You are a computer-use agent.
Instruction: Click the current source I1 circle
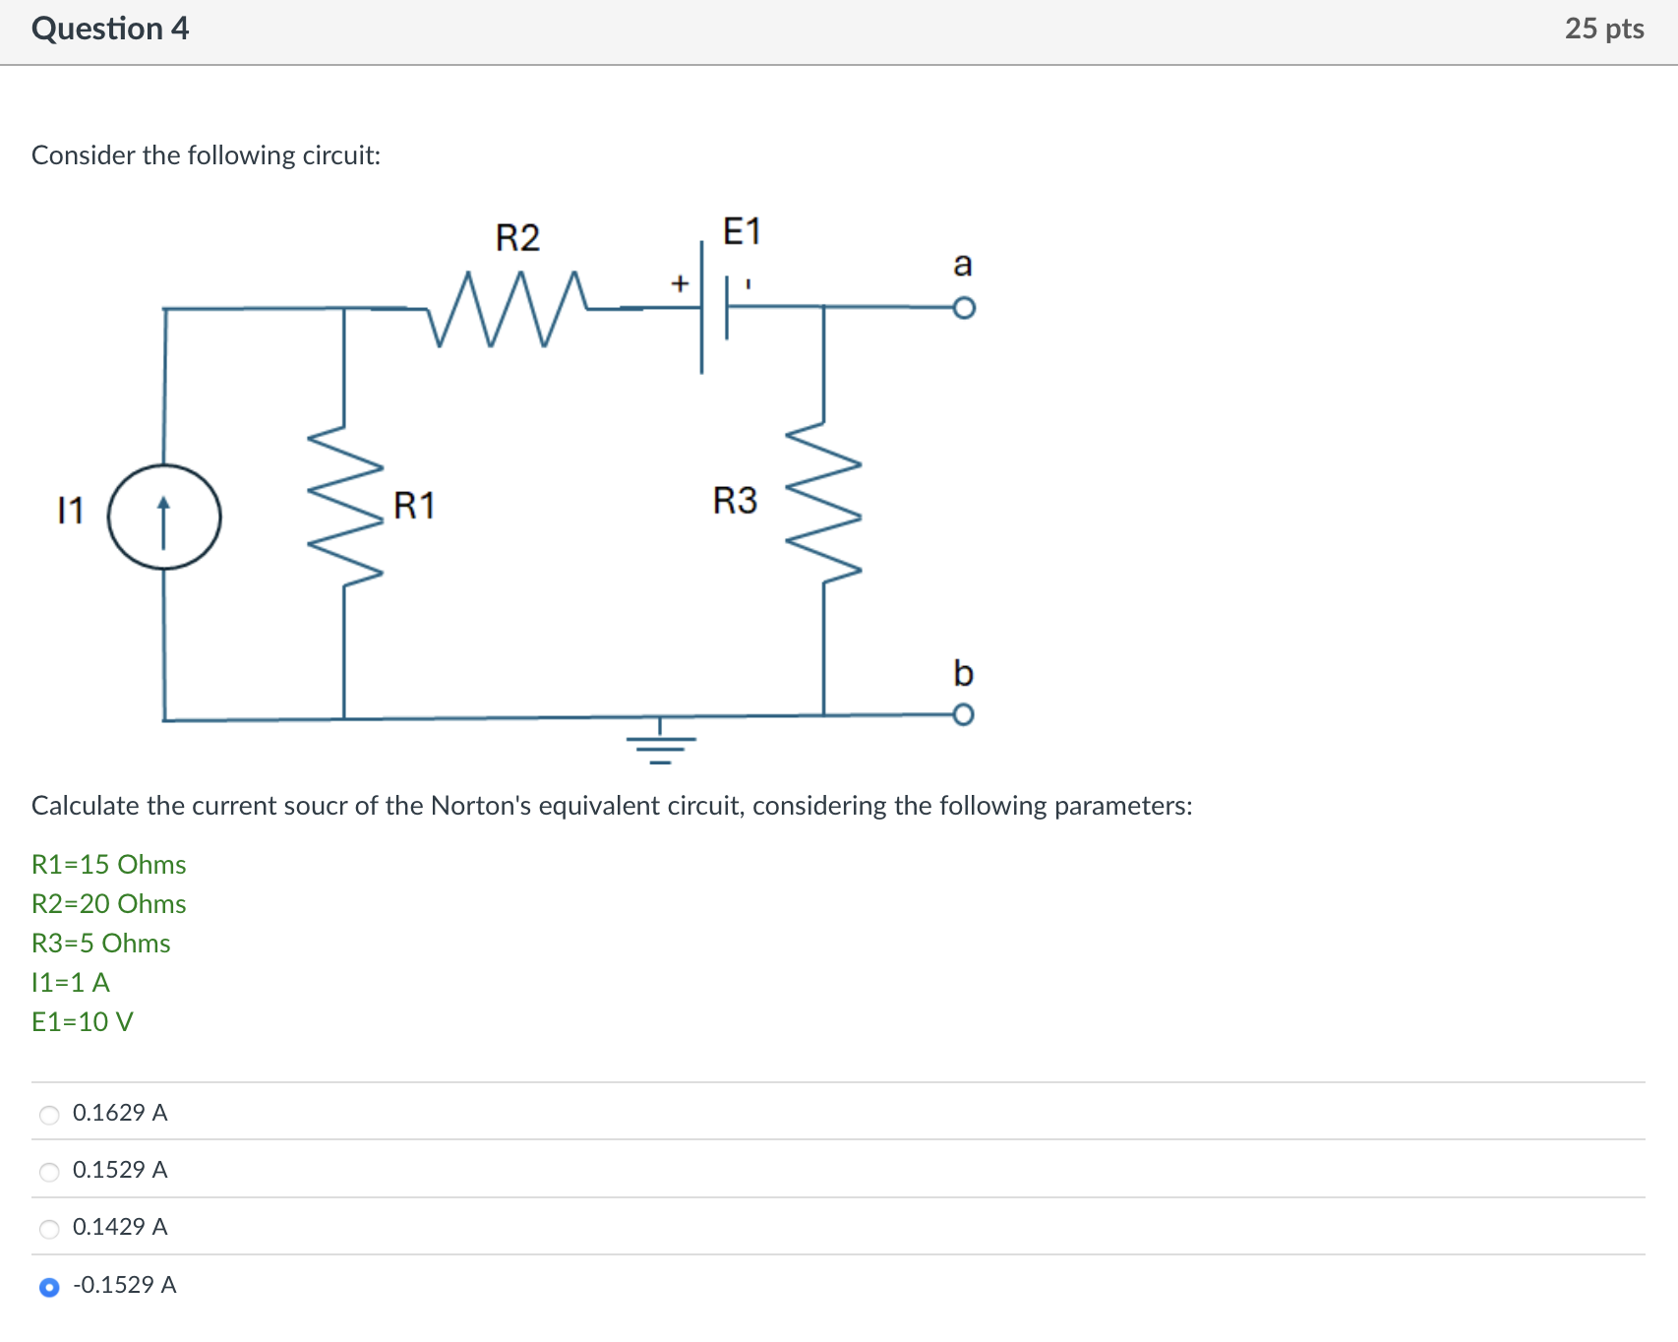click(x=164, y=518)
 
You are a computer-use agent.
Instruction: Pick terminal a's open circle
click(x=964, y=308)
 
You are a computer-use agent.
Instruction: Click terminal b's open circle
click(x=964, y=713)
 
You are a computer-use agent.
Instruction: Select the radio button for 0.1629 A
click(x=49, y=1115)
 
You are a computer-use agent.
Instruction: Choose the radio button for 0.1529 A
click(x=49, y=1172)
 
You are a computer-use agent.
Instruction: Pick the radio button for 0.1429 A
click(x=49, y=1229)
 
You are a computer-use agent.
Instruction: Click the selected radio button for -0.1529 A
click(x=49, y=1287)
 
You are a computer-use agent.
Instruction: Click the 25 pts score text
click(x=1604, y=29)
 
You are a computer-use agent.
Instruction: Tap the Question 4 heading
click(x=110, y=29)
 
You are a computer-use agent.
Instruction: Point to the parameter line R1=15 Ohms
click(x=109, y=865)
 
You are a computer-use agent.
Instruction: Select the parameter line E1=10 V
click(x=83, y=1022)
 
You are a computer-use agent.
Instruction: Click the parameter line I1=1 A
click(x=71, y=983)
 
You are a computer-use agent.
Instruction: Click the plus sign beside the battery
click(x=679, y=284)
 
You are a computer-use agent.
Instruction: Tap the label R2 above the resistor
click(x=517, y=238)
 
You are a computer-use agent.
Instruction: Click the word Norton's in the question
click(x=481, y=806)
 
